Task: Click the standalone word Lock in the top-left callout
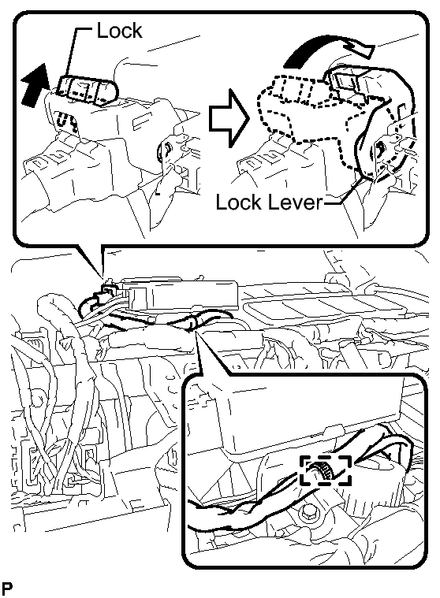point(119,31)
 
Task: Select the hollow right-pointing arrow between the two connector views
point(229,118)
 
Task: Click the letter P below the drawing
point(7,589)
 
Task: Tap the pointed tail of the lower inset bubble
point(197,332)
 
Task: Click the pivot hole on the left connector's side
point(166,147)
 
